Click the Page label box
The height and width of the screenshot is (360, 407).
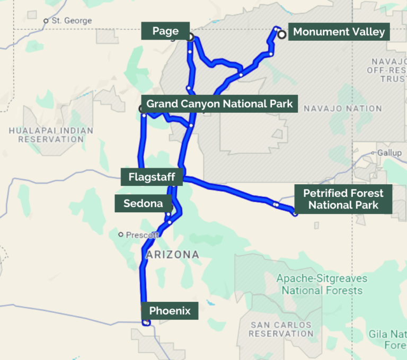[x=165, y=31]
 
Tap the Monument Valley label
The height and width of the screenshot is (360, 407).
[x=339, y=32]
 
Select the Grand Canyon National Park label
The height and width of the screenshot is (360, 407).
[x=219, y=104]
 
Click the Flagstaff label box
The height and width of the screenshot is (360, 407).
[x=152, y=177]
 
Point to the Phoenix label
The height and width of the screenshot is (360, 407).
[x=170, y=311]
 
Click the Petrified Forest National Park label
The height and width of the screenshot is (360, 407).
[x=343, y=199]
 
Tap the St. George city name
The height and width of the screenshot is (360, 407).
[x=71, y=21]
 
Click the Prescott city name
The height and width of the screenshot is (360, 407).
[x=142, y=235]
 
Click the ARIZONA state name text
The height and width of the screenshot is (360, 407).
[x=172, y=255]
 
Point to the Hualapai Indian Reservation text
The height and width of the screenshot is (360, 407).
[x=51, y=134]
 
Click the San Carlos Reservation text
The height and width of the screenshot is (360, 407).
[x=281, y=329]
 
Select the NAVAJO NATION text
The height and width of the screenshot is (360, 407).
[x=334, y=109]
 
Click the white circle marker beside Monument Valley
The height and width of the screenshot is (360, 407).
[x=282, y=34]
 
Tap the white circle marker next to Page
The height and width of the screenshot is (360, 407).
[x=190, y=37]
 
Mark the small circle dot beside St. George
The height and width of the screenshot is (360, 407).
[x=46, y=21]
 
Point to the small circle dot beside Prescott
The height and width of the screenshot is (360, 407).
[x=121, y=235]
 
